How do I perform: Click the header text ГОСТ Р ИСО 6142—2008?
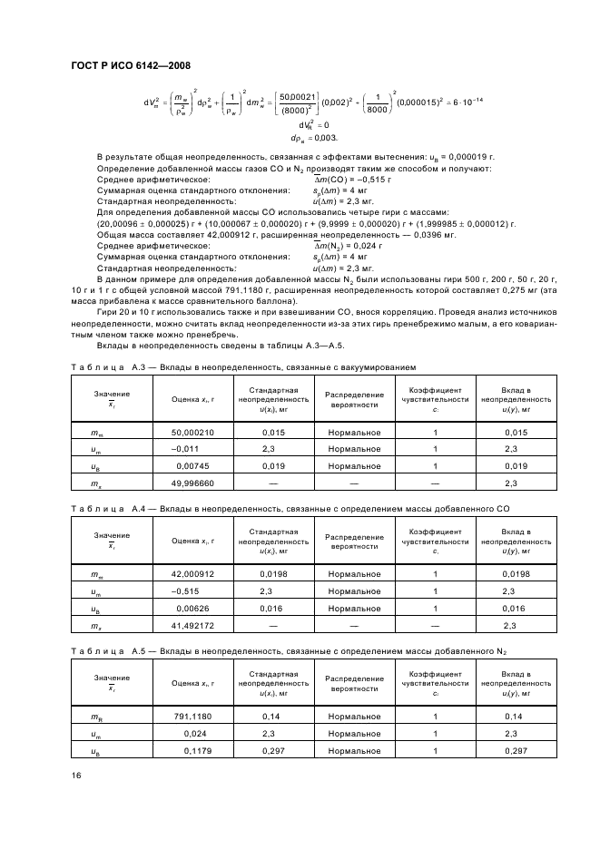(x=130, y=65)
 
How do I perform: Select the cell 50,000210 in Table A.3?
(x=192, y=433)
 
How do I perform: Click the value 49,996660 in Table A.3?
(x=192, y=483)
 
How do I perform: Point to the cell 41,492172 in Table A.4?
(x=192, y=624)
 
